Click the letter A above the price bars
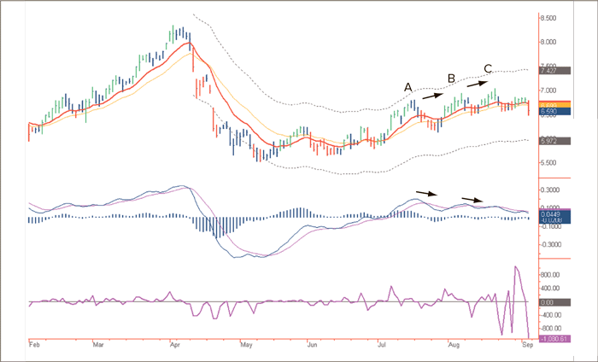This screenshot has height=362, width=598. click(x=408, y=87)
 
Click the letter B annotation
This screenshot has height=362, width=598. click(x=450, y=79)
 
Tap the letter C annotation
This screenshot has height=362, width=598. click(x=488, y=68)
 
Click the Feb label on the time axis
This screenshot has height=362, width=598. click(x=34, y=347)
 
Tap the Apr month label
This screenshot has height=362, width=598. click(x=175, y=347)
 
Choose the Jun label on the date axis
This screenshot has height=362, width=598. click(x=314, y=347)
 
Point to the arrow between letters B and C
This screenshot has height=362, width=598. click(x=477, y=84)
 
